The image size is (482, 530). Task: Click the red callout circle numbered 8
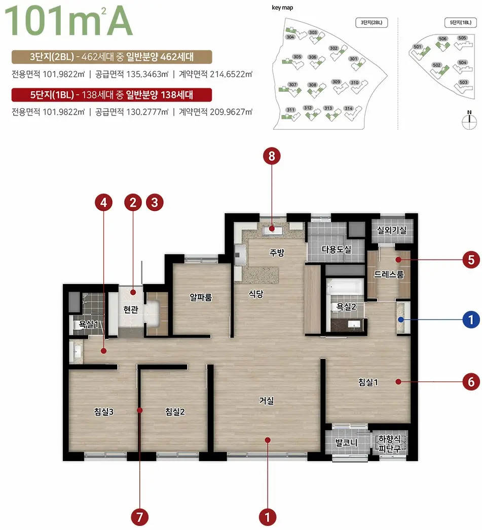pyautogui.click(x=272, y=156)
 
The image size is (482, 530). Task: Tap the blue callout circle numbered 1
pyautogui.click(x=471, y=320)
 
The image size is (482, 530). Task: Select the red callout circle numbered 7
pyautogui.click(x=139, y=517)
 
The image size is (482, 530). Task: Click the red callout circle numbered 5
pyautogui.click(x=471, y=260)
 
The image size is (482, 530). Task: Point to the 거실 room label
pyautogui.click(x=266, y=401)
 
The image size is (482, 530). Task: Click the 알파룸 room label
pyautogui.click(x=201, y=297)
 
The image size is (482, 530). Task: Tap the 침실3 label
pyautogui.click(x=104, y=412)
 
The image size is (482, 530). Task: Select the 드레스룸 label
pyautogui.click(x=388, y=274)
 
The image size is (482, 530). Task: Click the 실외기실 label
pyautogui.click(x=391, y=230)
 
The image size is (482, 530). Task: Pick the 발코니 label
pyautogui.click(x=346, y=442)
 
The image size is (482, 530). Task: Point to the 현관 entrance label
pyautogui.click(x=131, y=309)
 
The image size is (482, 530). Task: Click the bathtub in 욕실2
pyautogui.click(x=345, y=287)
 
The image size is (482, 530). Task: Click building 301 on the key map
pyautogui.click(x=357, y=62)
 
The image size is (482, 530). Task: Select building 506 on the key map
pyautogui.click(x=442, y=43)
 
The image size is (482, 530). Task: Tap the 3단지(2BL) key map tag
pyautogui.click(x=372, y=23)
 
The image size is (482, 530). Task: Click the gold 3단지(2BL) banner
pyautogui.click(x=112, y=57)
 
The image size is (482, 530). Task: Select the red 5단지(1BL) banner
pyautogui.click(x=112, y=95)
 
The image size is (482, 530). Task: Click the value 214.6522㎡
pyautogui.click(x=231, y=74)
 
